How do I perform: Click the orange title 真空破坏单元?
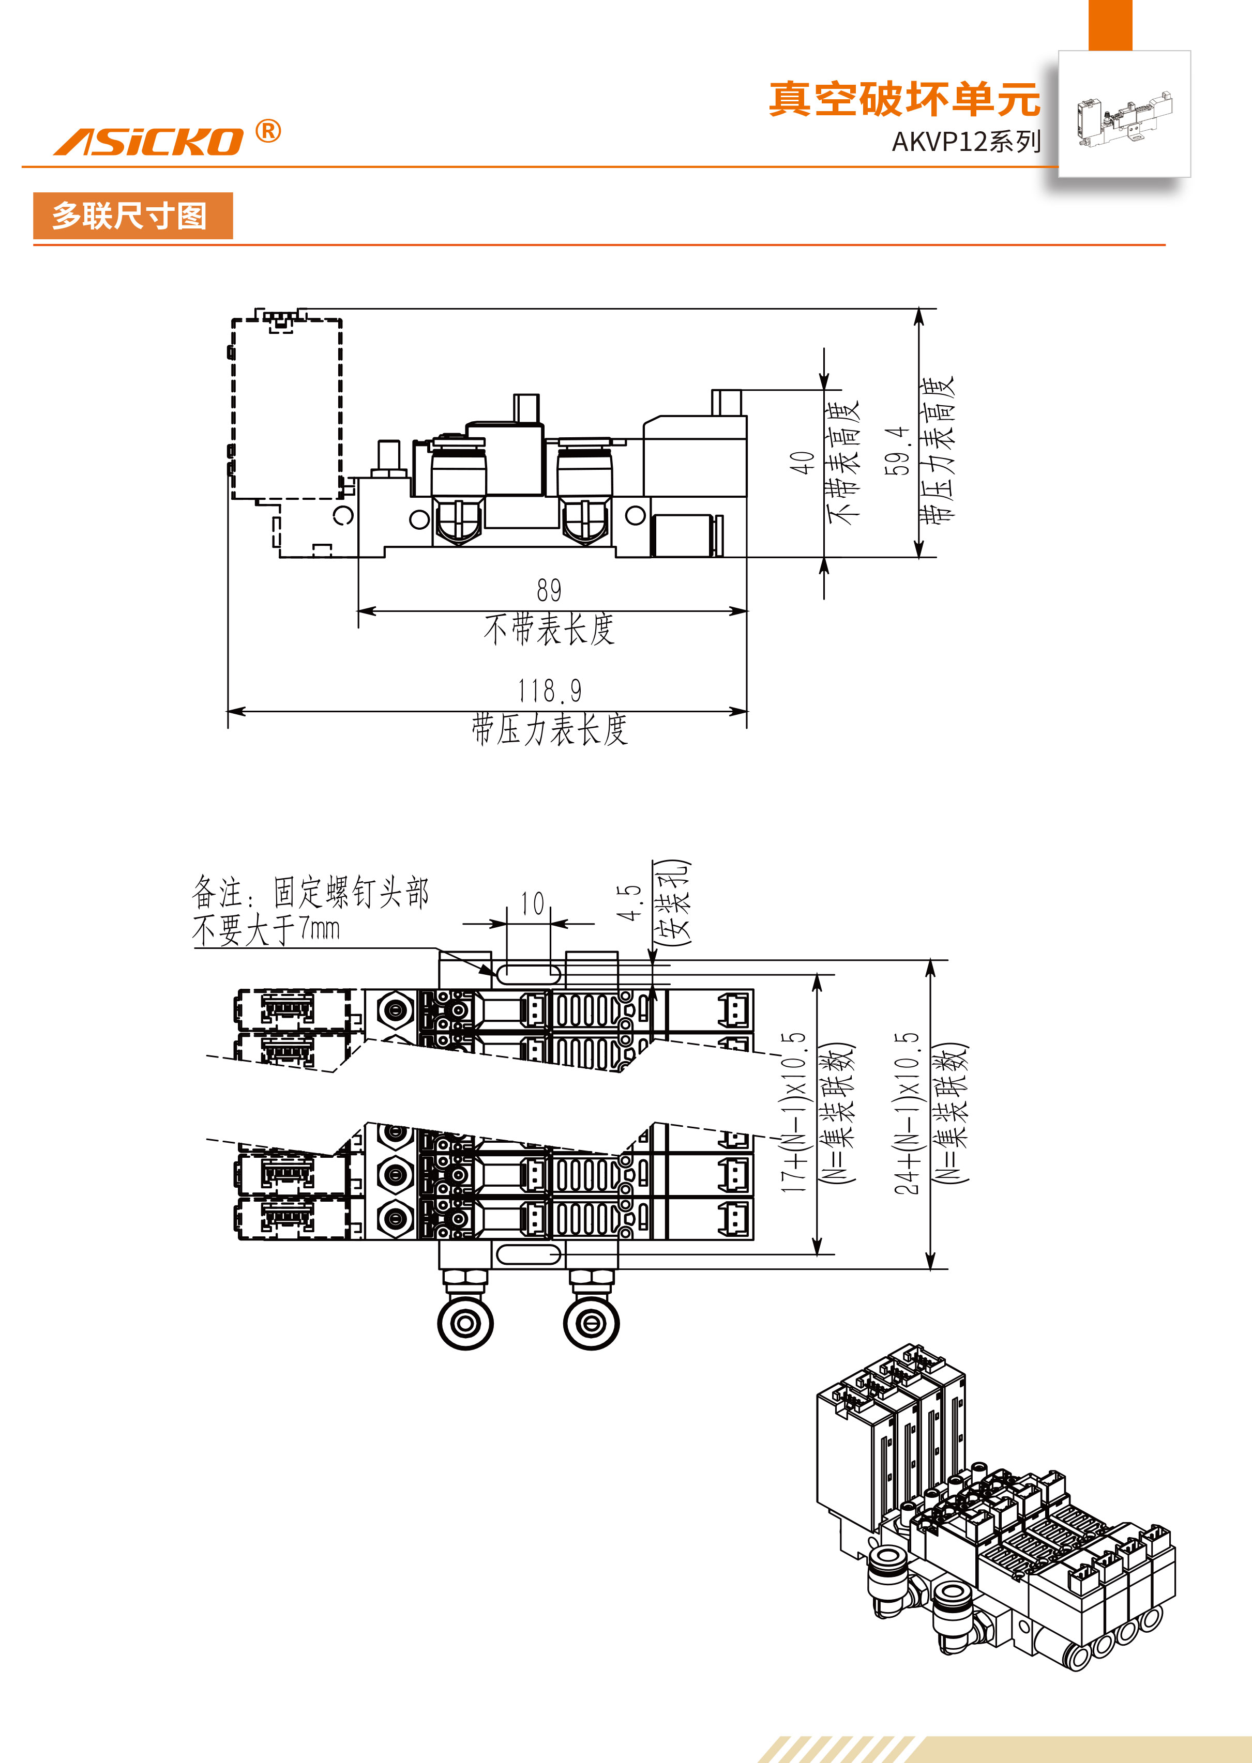click(x=903, y=99)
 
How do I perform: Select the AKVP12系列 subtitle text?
click(x=965, y=142)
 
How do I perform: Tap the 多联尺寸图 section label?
click(x=129, y=216)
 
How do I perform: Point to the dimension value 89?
click(x=549, y=591)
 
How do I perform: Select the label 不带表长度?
click(x=549, y=630)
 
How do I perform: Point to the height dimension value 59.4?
click(x=898, y=451)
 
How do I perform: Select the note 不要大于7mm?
click(x=266, y=930)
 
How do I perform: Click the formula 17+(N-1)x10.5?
click(x=794, y=1113)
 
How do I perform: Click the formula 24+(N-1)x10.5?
click(x=908, y=1113)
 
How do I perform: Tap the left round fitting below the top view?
click(x=465, y=1324)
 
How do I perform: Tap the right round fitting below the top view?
click(x=591, y=1324)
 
